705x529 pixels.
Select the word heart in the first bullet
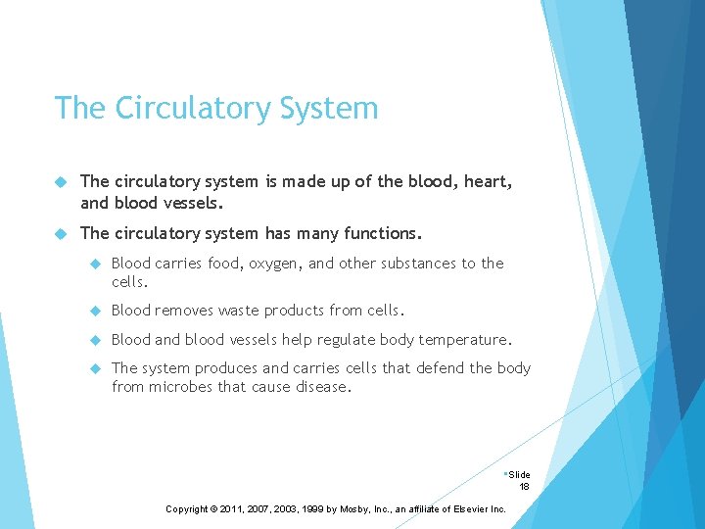[x=486, y=182]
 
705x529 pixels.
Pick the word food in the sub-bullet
[x=223, y=264]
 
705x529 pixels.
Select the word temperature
[x=464, y=340]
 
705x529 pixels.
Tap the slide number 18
[x=524, y=487]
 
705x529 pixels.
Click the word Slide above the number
[x=519, y=475]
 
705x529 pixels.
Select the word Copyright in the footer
[x=187, y=509]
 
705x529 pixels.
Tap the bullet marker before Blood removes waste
[x=96, y=311]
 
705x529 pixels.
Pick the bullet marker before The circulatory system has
[x=61, y=234]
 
